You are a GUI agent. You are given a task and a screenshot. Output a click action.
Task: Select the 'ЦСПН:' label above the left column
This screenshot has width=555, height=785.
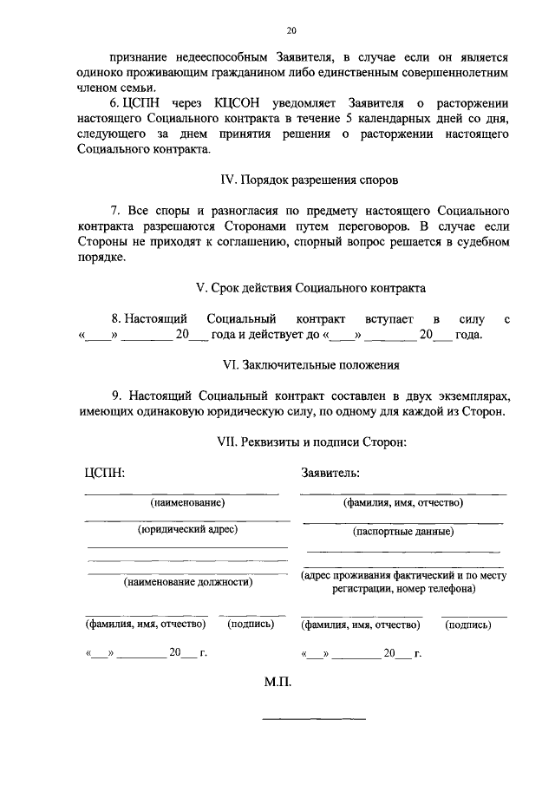pos(104,474)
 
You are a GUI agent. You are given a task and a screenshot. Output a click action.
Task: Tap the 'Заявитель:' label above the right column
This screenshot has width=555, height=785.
pos(330,474)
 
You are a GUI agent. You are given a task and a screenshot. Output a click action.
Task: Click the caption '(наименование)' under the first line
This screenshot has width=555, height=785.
pos(187,502)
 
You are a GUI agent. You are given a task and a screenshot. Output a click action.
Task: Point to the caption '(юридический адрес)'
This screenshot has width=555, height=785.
pos(187,528)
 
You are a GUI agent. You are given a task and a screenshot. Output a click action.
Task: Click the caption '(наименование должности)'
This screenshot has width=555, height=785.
pos(188,582)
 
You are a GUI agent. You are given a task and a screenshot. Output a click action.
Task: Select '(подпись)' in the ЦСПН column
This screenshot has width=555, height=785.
pos(251,623)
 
